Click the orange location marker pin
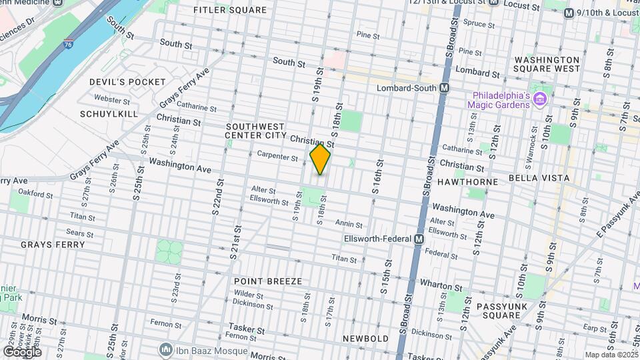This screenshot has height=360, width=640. tap(320, 159)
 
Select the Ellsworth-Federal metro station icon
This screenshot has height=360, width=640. tap(419, 239)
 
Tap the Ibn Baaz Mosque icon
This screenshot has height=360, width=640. tap(165, 349)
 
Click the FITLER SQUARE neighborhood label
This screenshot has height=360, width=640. tap(229, 10)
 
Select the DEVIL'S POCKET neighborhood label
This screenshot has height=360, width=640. tap(127, 81)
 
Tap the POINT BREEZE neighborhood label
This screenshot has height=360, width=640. tap(268, 281)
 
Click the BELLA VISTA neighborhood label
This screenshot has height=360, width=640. tap(539, 178)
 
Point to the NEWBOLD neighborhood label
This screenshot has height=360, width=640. tap(365, 339)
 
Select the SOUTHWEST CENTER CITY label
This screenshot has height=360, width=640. tap(255, 131)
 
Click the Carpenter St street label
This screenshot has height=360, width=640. tap(277, 157)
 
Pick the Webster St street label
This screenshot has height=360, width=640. tap(112, 100)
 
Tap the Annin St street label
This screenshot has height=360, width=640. tap(349, 225)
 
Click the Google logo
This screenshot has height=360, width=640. tap(22, 351)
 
